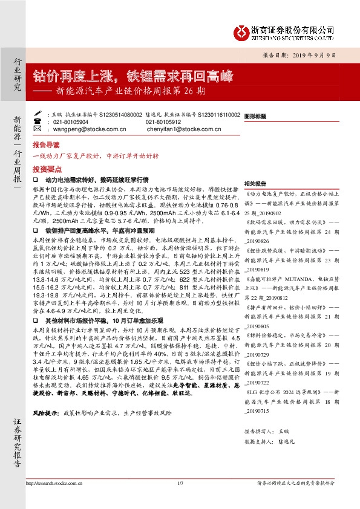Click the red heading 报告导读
tap(46, 146)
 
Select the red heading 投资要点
tap(46, 170)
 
